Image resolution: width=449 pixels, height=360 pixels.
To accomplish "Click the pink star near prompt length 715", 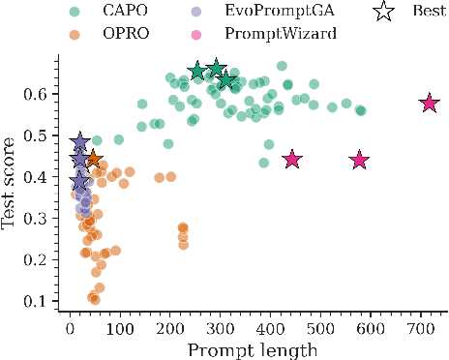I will (429, 104).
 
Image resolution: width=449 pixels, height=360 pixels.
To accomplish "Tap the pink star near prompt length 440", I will (291, 160).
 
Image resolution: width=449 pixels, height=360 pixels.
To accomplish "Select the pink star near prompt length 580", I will (360, 161).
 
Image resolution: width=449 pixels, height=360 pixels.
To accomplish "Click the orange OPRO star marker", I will (93, 160).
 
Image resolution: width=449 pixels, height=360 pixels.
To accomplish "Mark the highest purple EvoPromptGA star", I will (80, 142).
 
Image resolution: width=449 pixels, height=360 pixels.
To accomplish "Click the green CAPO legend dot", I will (76, 13).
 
